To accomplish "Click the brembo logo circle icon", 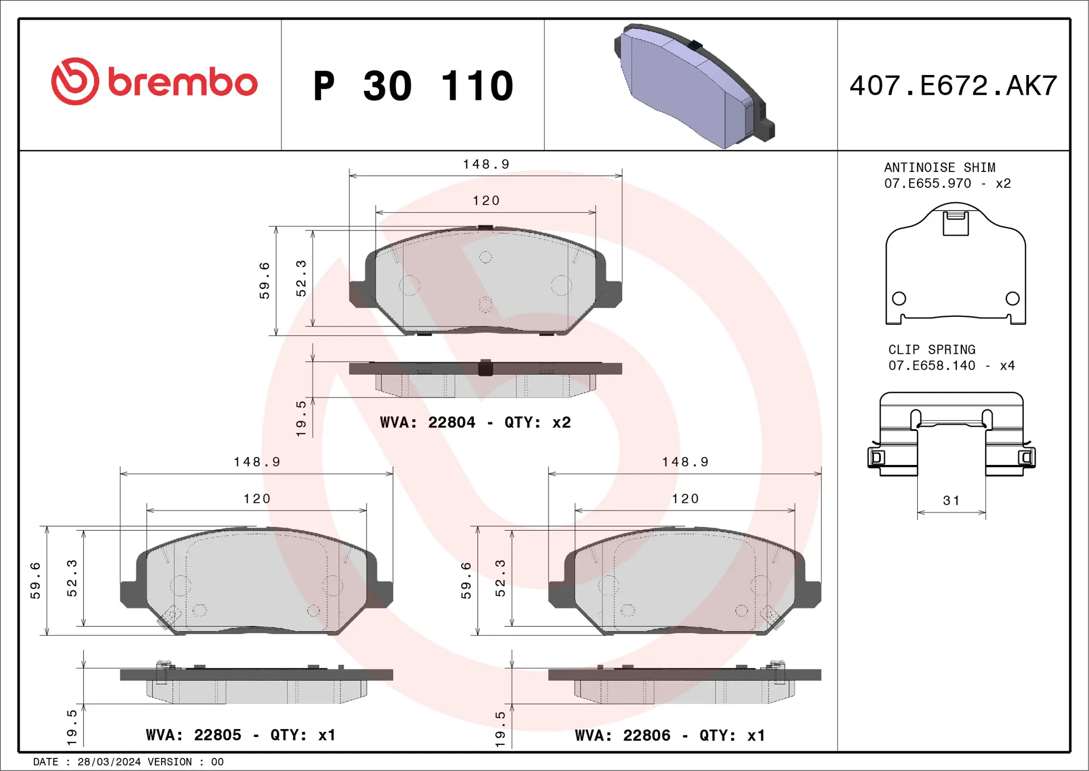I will point(75,81).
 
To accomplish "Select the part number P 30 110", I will point(413,86).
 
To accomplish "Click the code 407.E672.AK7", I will point(953,86).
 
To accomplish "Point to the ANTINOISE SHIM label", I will point(939,167).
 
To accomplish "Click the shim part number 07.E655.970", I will point(927,183).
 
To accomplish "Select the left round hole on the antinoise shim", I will point(898,298).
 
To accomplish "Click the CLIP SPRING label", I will point(931,350).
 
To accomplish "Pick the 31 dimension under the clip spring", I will point(951,501).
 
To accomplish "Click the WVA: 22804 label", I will point(428,422).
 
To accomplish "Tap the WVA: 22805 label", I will point(193,735).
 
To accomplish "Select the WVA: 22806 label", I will point(622,735).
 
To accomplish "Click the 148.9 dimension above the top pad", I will point(486,164).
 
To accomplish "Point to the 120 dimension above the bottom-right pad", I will point(685,498).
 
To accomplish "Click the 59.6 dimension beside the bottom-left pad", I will point(36,580).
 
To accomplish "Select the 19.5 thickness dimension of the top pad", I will point(301,418).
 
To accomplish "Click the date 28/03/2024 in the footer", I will point(109,762).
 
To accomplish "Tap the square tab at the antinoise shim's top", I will point(955,223).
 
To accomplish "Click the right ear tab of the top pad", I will point(613,294).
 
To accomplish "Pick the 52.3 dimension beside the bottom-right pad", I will point(500,578).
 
